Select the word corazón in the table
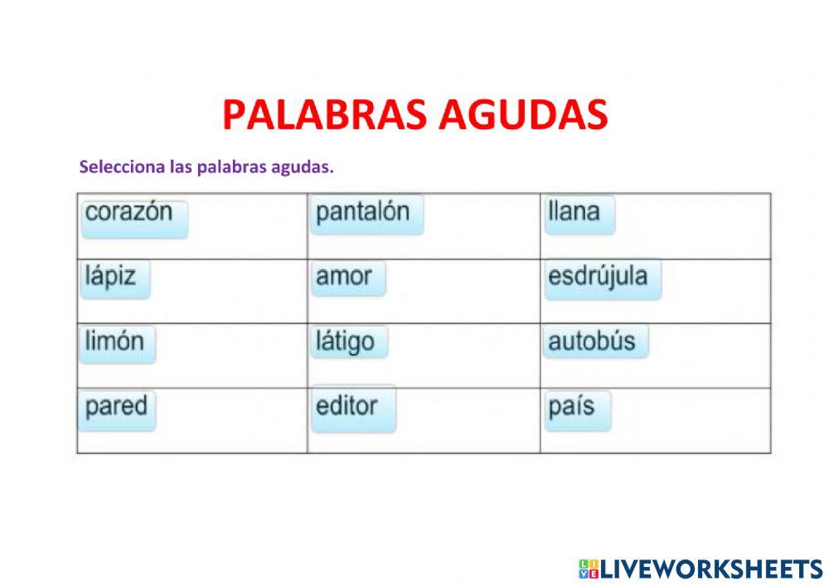click(x=130, y=212)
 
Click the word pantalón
click(x=363, y=212)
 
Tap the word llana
click(x=574, y=212)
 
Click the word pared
click(x=116, y=407)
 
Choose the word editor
click(x=347, y=407)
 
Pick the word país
click(x=572, y=407)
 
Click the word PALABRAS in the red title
click(x=324, y=115)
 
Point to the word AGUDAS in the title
click(x=522, y=115)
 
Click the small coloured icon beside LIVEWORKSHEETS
click(x=588, y=569)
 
